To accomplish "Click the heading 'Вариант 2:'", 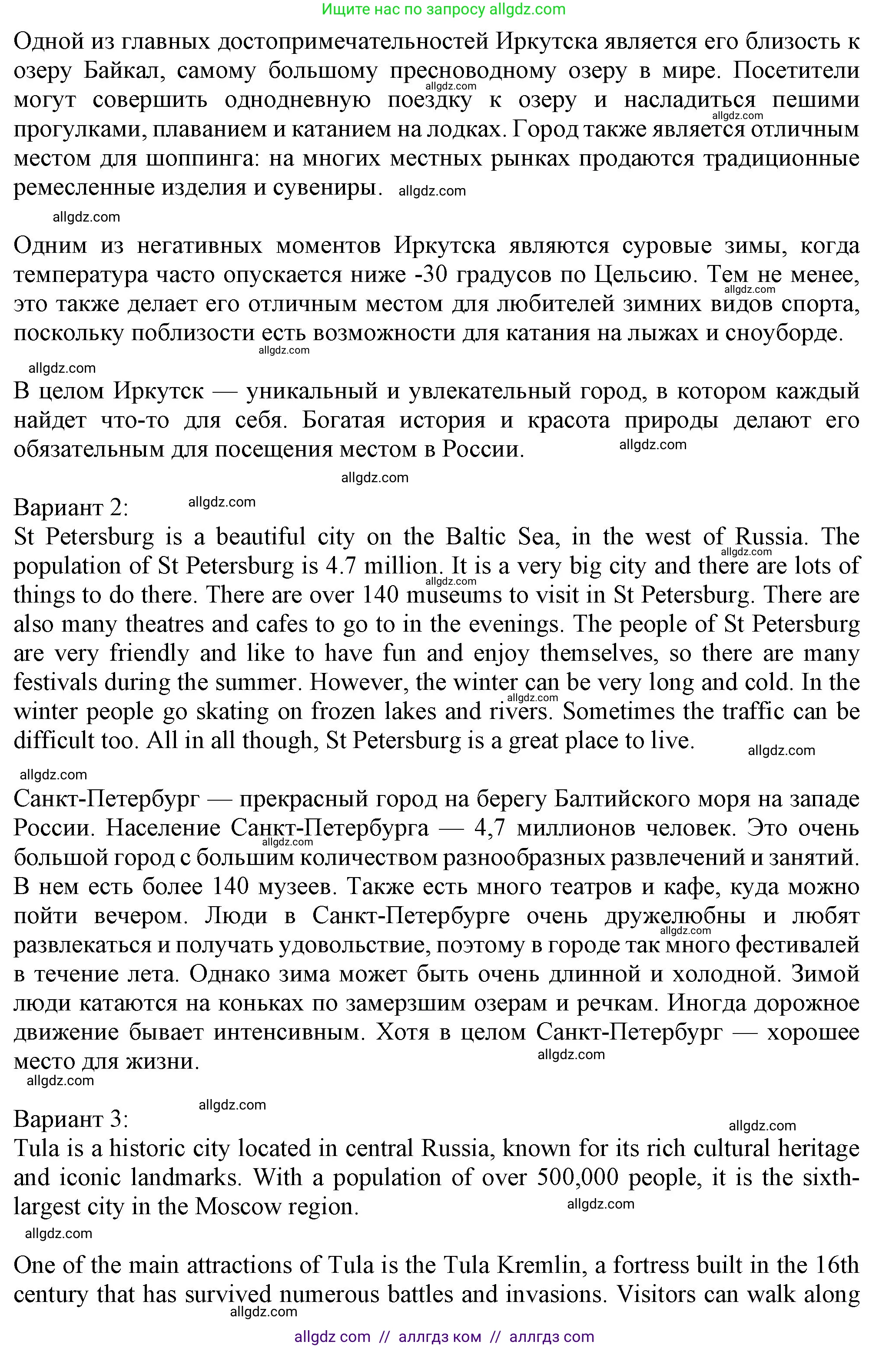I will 71,507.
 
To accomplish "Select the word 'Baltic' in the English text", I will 475,537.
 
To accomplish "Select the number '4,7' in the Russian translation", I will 489,829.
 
